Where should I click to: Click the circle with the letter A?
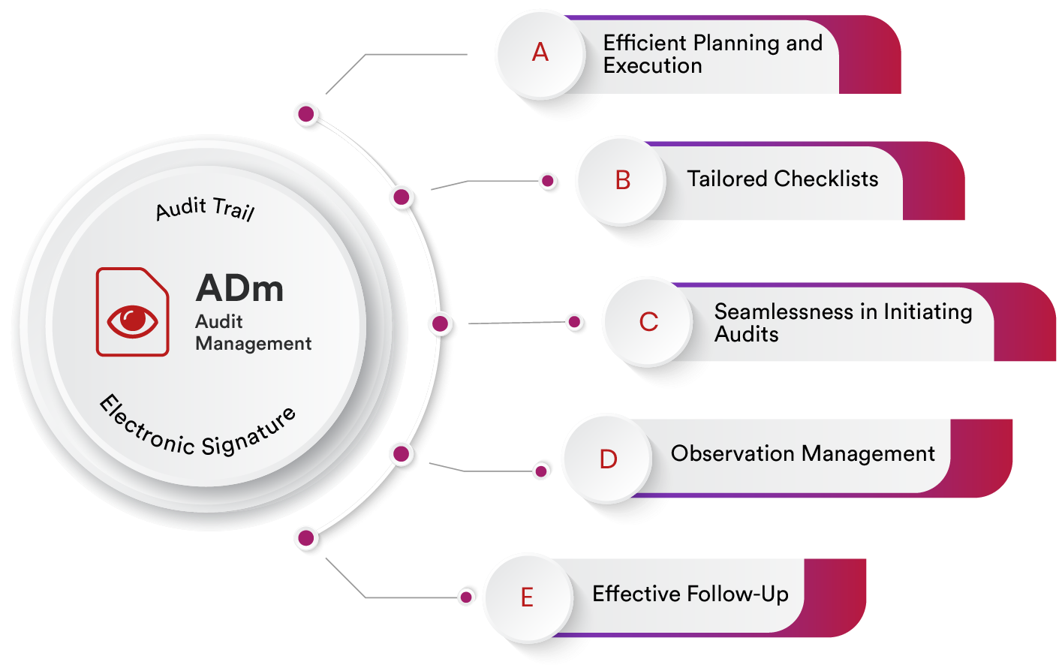540,53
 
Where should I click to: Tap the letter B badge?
621,180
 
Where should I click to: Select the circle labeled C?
648,322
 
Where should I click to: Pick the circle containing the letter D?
607,459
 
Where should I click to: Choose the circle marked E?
527,597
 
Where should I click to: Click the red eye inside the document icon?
133,320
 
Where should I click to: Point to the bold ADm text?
239,288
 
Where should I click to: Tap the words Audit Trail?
205,209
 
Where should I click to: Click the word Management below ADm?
254,344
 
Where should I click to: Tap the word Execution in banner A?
652,66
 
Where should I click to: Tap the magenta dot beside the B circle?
548,181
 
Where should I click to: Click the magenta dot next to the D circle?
540,471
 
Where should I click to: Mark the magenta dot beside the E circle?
466,597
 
